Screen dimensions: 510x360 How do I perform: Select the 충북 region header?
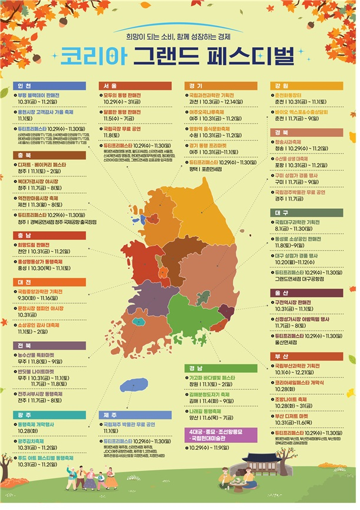click(x=22, y=156)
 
